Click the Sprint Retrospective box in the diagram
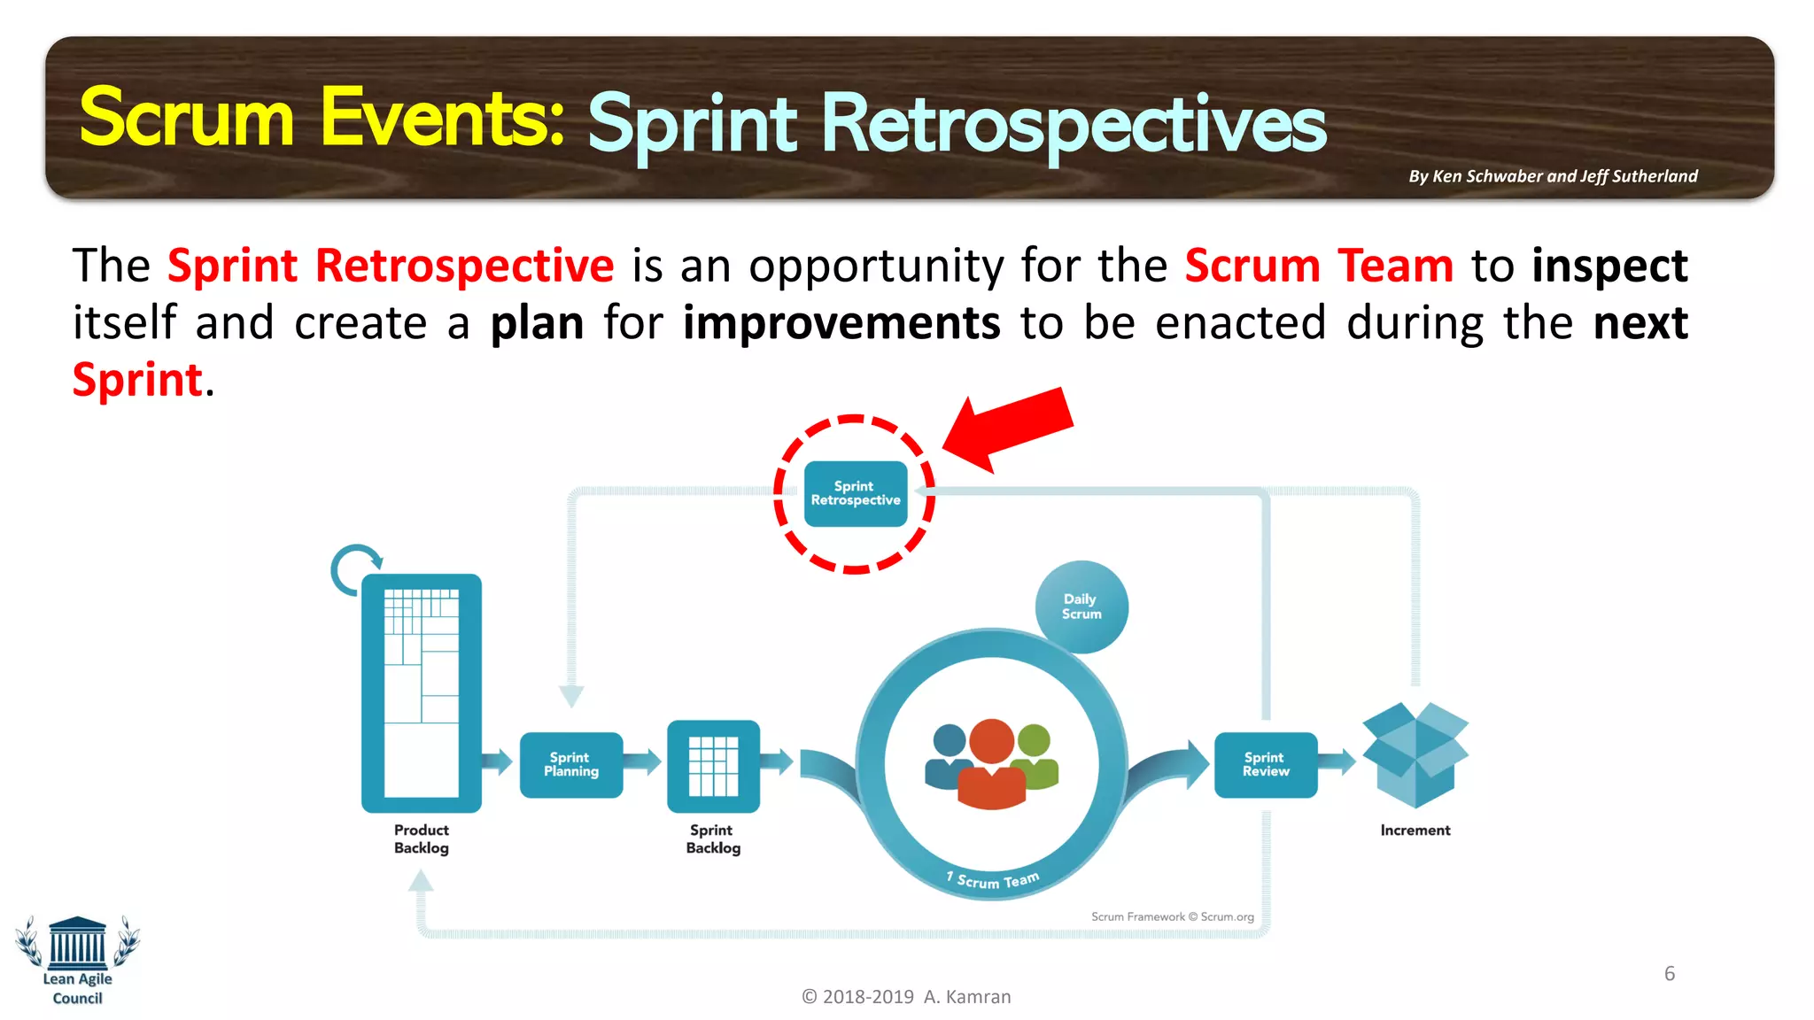click(x=856, y=494)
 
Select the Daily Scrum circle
click(x=1081, y=607)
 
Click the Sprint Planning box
click(x=571, y=764)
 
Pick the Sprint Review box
click(x=1266, y=764)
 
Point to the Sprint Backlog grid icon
click(x=713, y=766)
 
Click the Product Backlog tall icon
click(x=422, y=692)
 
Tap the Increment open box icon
click(x=1415, y=754)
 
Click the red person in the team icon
click(x=992, y=766)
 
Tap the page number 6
click(x=1670, y=974)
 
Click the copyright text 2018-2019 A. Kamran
click(x=906, y=997)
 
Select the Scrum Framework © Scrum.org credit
click(x=1172, y=916)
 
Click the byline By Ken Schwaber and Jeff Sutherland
click(x=1553, y=176)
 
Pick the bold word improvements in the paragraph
click(x=841, y=323)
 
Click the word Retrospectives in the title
click(x=1073, y=125)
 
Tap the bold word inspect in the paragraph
click(x=1609, y=267)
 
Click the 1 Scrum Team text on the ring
click(x=994, y=880)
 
